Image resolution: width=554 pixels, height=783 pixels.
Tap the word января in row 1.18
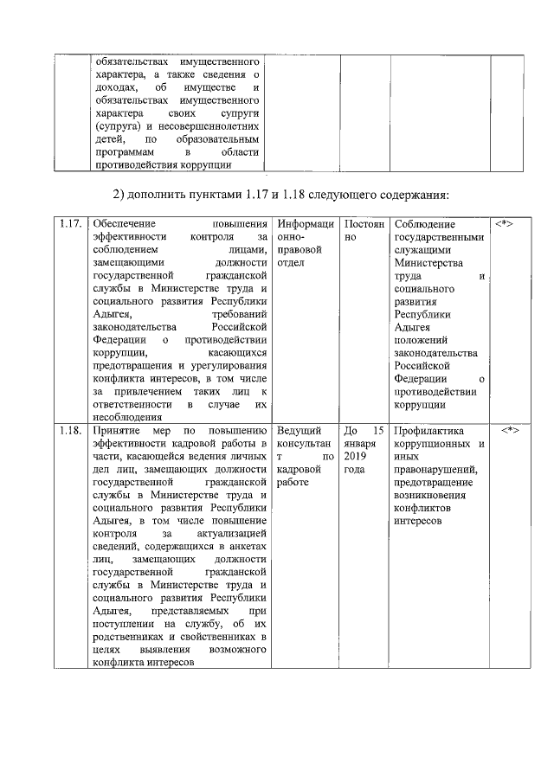tap(360, 443)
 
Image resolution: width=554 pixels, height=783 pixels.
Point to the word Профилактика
tap(428, 430)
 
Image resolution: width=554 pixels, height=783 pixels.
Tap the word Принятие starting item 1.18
tap(119, 430)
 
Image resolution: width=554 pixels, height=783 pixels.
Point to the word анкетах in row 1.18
tap(244, 546)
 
